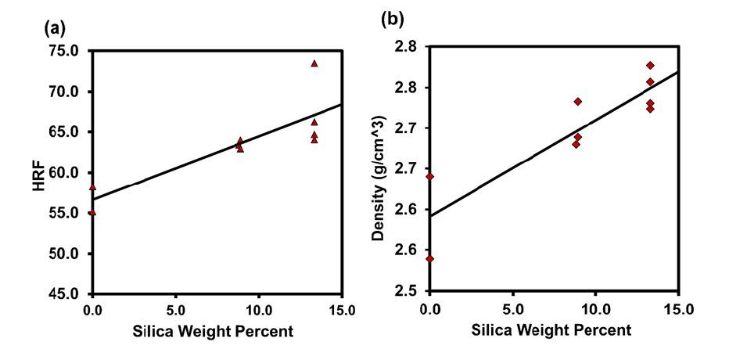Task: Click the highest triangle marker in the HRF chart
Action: [x=314, y=63]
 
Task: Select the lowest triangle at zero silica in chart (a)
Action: [x=92, y=212]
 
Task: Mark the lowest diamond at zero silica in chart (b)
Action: [x=429, y=258]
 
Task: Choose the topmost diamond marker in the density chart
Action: [x=650, y=65]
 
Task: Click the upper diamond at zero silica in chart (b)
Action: [x=429, y=177]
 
